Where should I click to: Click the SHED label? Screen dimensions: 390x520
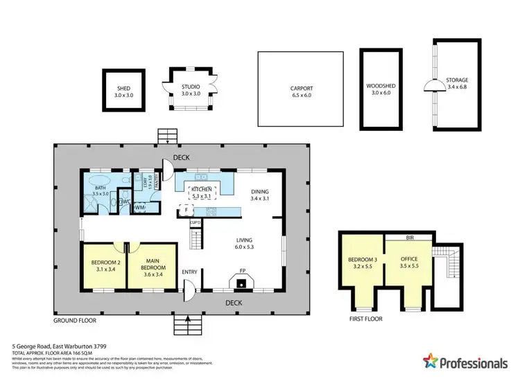[123, 89]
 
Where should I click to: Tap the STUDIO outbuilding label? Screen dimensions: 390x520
[191, 87]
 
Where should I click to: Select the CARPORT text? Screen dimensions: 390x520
[302, 89]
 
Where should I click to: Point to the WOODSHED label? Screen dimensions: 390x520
[380, 87]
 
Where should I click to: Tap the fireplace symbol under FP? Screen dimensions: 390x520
[242, 281]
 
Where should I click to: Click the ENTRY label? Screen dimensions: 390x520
[190, 272]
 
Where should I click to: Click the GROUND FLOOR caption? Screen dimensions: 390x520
[75, 321]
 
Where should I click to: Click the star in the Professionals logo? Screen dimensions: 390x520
[431, 361]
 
